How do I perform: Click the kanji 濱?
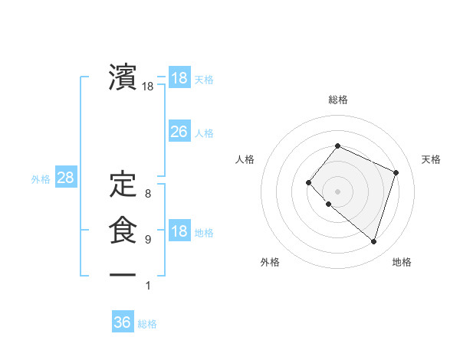point(123,77)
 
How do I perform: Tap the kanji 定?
point(123,184)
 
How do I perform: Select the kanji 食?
point(123,231)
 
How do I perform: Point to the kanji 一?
point(123,275)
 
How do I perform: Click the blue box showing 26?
point(179,132)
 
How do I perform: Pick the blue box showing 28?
point(66,178)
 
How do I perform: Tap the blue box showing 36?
point(123,322)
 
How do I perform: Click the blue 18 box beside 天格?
point(179,79)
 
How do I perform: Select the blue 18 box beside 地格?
point(179,232)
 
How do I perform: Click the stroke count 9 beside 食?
point(148,240)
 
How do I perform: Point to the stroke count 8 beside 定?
point(148,194)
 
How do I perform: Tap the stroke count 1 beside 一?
point(148,286)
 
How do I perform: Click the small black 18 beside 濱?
point(148,87)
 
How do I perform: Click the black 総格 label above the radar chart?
point(337,100)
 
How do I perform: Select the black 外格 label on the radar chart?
point(270,262)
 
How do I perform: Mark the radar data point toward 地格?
point(373,242)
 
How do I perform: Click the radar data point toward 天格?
point(396,172)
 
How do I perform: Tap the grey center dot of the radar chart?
point(337,191)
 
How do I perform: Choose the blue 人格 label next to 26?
point(204,133)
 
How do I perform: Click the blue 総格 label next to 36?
point(147,324)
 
